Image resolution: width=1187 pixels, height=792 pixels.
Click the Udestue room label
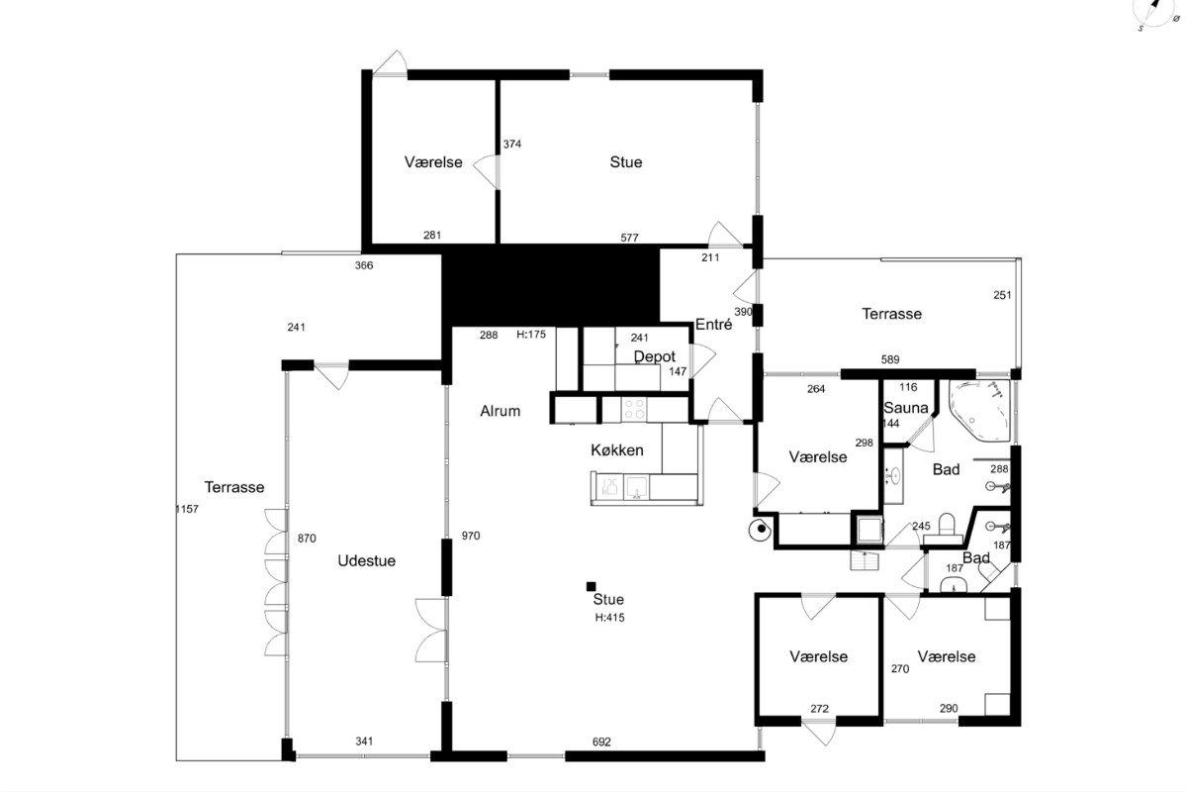pyautogui.click(x=367, y=560)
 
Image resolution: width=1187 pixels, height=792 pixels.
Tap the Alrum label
pyautogui.click(x=501, y=411)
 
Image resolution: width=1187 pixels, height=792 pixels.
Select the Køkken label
pyautogui.click(x=617, y=449)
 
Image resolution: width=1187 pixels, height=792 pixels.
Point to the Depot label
pyautogui.click(x=655, y=357)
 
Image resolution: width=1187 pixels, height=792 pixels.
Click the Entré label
pyautogui.click(x=714, y=324)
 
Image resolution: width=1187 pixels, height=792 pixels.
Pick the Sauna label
pyautogui.click(x=906, y=408)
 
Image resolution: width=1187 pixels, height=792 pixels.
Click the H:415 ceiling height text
pyautogui.click(x=610, y=618)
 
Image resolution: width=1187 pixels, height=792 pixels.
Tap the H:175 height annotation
pyautogui.click(x=531, y=335)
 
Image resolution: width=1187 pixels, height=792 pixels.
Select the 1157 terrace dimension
pyautogui.click(x=187, y=509)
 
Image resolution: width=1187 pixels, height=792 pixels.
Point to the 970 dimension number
pyautogui.click(x=471, y=536)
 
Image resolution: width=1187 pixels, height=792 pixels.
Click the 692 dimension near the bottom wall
pyautogui.click(x=601, y=742)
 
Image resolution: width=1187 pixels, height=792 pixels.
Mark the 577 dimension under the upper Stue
pyautogui.click(x=629, y=238)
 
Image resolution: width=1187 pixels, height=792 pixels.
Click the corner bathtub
pyautogui.click(x=980, y=410)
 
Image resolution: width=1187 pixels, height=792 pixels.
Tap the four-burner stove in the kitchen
pyautogui.click(x=634, y=409)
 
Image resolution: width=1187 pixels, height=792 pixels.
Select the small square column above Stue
pyautogui.click(x=591, y=586)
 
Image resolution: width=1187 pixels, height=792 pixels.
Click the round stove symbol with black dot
pyautogui.click(x=760, y=530)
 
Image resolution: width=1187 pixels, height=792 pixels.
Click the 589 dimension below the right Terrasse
pyautogui.click(x=890, y=359)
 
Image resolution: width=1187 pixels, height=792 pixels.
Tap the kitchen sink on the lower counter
pyautogui.click(x=635, y=487)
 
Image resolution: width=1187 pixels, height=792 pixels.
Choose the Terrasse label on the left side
pyautogui.click(x=234, y=487)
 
